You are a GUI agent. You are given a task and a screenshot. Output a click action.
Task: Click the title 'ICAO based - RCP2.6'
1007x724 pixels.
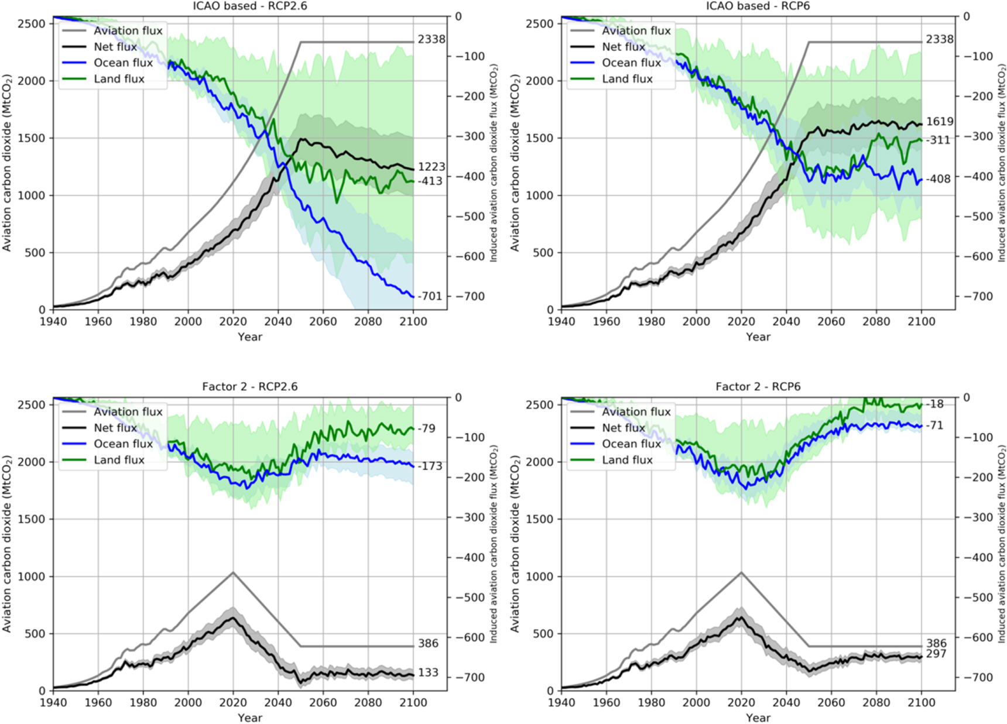[x=250, y=6]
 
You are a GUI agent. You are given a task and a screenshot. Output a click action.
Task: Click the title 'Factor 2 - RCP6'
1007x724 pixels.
[x=758, y=387]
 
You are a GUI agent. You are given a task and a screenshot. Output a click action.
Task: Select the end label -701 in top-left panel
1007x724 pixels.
[x=430, y=297]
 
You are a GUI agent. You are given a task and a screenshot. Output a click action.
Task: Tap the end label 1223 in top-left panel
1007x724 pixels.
[x=431, y=167]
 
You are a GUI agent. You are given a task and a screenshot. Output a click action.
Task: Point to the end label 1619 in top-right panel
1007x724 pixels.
[x=940, y=122]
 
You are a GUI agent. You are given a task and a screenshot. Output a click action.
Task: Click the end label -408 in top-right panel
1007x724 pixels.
[x=939, y=179]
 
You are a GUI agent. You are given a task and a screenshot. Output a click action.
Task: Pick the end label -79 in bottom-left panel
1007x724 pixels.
[x=427, y=428]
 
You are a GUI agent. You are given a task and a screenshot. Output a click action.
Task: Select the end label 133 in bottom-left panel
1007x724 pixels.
[x=428, y=672]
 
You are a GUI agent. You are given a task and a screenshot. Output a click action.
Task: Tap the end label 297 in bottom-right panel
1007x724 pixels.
[x=936, y=654]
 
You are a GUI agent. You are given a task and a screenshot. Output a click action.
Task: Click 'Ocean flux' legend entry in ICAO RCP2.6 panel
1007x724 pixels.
[x=123, y=63]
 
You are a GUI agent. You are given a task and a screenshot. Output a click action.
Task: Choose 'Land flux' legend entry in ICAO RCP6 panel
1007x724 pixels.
[x=627, y=79]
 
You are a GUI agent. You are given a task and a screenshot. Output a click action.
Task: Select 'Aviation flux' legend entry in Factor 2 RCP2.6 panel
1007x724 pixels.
[x=128, y=412]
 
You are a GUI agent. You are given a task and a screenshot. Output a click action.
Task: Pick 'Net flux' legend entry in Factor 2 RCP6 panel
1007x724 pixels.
[x=623, y=428]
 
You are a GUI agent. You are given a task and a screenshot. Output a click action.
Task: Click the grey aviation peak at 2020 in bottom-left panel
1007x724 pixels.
[x=233, y=572]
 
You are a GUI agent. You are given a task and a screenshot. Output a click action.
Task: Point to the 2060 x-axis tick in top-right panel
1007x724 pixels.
[x=831, y=321]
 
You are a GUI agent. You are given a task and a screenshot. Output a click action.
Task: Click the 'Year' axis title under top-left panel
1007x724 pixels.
[x=250, y=337]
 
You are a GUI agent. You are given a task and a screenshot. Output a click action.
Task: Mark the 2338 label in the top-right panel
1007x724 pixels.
[x=940, y=39]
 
